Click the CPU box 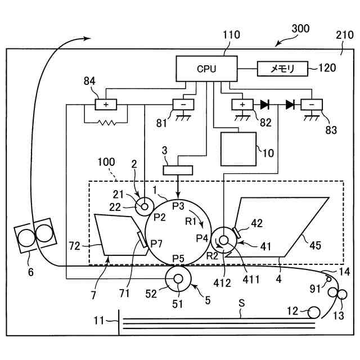point(206,69)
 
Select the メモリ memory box point(283,69)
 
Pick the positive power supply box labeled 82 point(243,105)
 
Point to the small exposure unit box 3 point(177,169)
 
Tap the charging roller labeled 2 point(145,206)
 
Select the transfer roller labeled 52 point(178,279)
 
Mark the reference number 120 point(326,68)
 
